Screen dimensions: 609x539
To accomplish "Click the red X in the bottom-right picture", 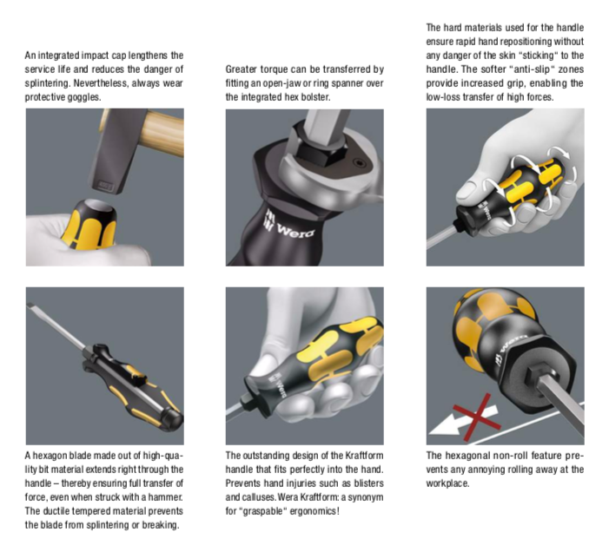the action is tap(477, 418).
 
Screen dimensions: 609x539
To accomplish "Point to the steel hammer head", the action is tap(116, 151).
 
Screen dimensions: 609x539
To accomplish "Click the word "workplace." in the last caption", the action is tap(447, 483).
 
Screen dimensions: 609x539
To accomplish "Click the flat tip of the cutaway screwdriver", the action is tap(30, 306).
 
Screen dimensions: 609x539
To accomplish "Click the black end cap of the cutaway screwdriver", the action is tap(172, 419).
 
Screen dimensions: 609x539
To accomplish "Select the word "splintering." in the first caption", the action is tap(48, 83).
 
